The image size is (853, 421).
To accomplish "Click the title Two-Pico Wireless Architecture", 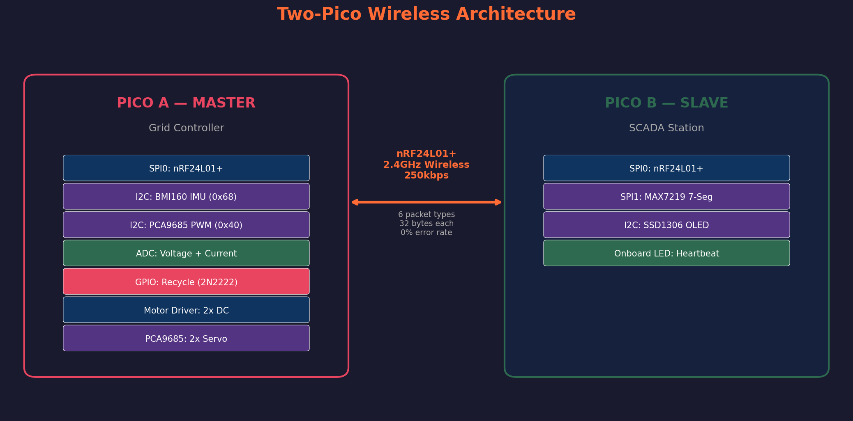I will tap(426, 14).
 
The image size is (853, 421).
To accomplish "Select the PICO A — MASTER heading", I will tap(186, 103).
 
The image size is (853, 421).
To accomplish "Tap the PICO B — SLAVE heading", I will tap(666, 103).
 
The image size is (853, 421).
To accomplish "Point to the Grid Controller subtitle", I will tap(186, 128).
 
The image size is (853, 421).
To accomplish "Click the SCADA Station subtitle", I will tap(666, 128).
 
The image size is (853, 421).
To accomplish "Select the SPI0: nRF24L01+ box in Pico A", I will tap(186, 168).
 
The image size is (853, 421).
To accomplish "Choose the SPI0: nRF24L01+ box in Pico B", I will tap(666, 168).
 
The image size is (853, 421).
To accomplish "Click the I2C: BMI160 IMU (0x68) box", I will tap(186, 197).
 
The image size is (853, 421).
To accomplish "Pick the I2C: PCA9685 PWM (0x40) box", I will tap(186, 225).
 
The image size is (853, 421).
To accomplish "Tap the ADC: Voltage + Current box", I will tap(186, 253).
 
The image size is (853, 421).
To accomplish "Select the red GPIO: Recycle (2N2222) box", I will tap(186, 281).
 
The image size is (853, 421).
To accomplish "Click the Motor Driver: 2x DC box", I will tap(186, 310).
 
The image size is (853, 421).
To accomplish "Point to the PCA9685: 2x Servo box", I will tap(186, 338).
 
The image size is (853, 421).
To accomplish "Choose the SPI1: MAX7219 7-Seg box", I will tap(666, 197).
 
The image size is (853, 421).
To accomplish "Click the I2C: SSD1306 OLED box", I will tap(666, 225).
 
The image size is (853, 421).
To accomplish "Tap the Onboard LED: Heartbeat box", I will tap(666, 253).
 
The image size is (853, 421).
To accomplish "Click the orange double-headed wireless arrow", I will tap(426, 202).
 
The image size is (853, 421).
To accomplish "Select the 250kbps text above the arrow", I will tap(426, 176).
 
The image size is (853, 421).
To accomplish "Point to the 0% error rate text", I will tap(426, 233).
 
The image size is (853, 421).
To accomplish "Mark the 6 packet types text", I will tap(426, 215).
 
